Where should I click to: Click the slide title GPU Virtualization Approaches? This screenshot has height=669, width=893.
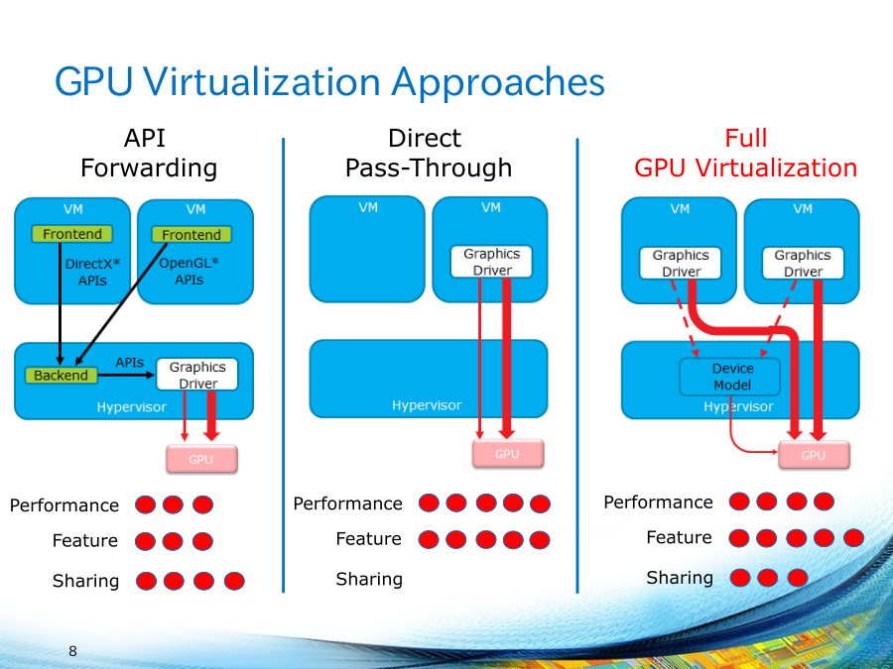(x=329, y=81)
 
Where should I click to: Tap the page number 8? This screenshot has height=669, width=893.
(x=72, y=651)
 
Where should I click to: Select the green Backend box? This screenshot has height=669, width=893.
(x=61, y=376)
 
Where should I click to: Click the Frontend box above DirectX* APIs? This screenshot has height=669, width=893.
(x=72, y=234)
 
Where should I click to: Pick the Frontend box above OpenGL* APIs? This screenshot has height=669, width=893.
(x=191, y=235)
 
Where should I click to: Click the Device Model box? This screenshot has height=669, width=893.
(x=731, y=377)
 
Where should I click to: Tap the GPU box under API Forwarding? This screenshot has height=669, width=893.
(x=201, y=460)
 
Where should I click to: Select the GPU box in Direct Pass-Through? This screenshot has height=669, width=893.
(x=507, y=454)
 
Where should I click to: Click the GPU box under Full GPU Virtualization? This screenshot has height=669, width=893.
(x=813, y=455)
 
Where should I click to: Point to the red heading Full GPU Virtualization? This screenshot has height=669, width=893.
(x=745, y=154)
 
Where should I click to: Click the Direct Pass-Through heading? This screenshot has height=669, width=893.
(x=428, y=154)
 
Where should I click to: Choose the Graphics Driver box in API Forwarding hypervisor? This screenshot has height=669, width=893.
(x=197, y=375)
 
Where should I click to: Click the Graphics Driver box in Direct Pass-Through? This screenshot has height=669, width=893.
(x=491, y=262)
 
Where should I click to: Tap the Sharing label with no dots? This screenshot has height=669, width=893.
(x=369, y=579)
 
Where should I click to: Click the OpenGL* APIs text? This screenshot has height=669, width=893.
(x=189, y=272)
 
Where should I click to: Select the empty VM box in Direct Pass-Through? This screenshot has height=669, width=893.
(x=367, y=250)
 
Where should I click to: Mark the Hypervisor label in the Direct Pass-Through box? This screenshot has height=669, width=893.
(x=427, y=405)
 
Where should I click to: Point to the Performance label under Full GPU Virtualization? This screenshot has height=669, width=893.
(x=658, y=502)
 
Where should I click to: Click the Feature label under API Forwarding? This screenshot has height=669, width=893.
(x=84, y=541)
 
